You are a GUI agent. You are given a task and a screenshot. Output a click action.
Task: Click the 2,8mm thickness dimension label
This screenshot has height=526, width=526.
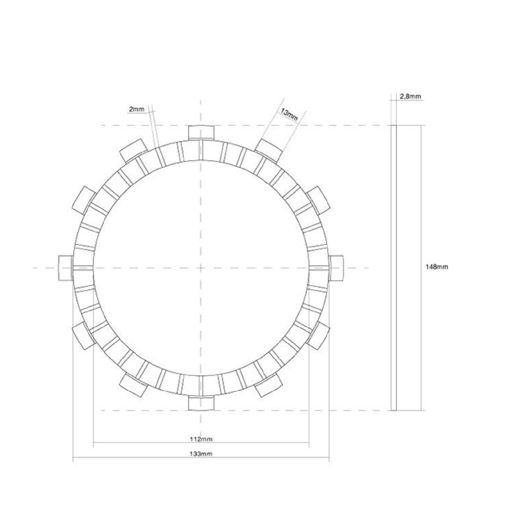409,97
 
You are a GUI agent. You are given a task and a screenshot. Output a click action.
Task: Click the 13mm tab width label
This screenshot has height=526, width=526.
289,114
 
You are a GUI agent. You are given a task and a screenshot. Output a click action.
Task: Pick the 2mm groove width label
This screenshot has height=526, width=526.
136,109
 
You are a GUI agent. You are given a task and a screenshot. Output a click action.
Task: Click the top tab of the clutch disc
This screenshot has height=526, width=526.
201,132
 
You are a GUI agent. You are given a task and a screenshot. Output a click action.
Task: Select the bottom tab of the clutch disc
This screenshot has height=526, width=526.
201,403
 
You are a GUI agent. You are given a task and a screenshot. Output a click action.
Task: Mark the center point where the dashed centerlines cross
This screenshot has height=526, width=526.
201,268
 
